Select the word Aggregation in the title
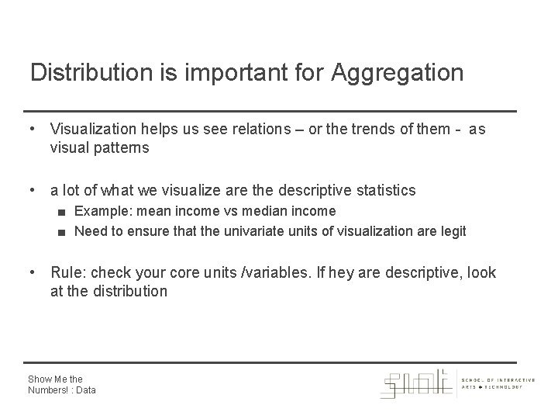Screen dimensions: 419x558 point(397,73)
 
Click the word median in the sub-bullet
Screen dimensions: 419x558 point(256,211)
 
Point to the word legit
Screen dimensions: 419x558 point(453,231)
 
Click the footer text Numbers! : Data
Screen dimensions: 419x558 point(62,390)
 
